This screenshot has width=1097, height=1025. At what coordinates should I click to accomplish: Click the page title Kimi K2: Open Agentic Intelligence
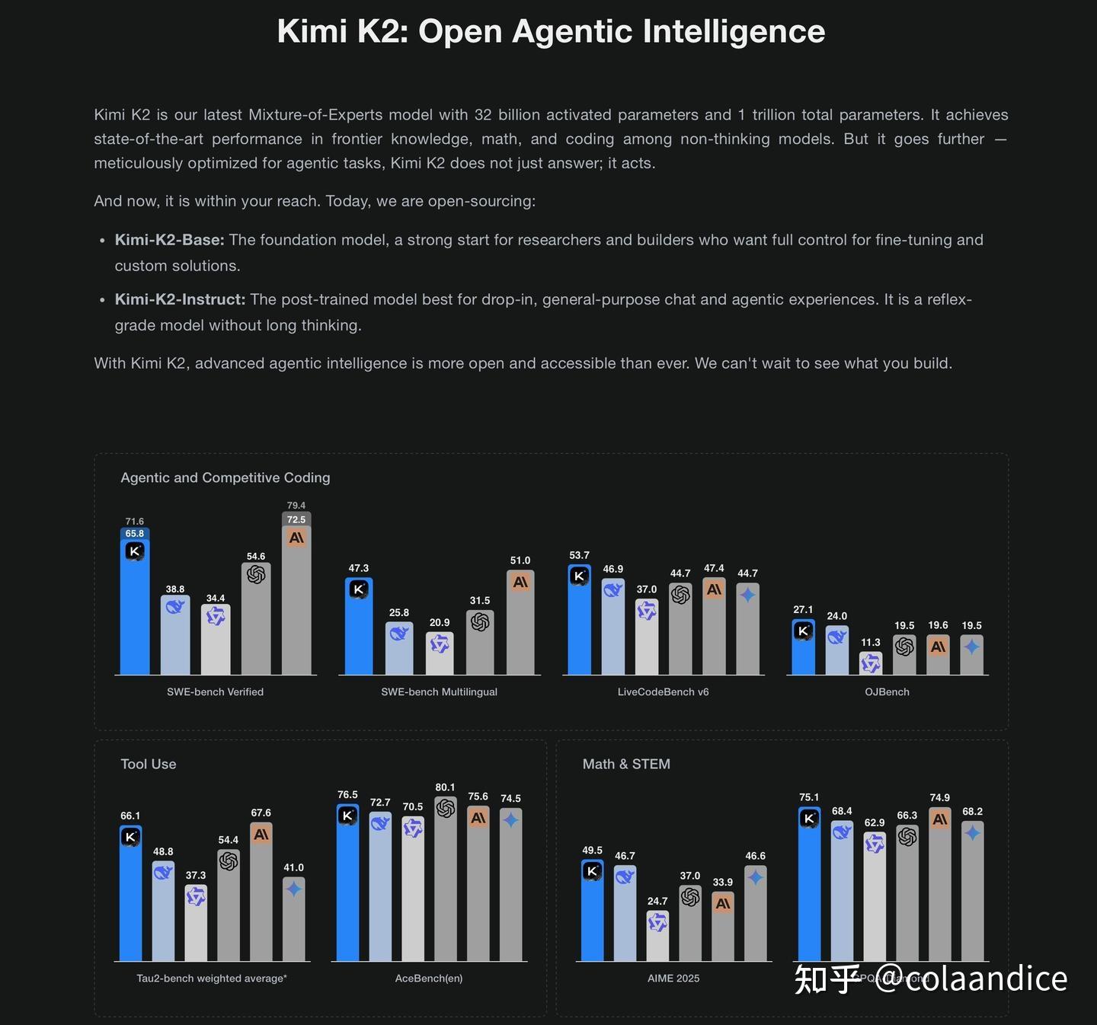(551, 32)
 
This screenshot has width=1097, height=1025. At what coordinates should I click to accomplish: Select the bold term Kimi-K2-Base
(169, 240)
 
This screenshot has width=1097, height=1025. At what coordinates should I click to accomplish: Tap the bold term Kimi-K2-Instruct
(180, 299)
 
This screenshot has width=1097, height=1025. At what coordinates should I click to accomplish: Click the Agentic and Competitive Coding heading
(225, 477)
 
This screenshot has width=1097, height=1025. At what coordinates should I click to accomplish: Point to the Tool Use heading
(149, 764)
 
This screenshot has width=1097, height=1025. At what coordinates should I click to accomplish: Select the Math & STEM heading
(626, 764)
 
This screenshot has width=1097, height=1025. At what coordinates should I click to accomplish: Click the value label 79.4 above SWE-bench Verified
(296, 506)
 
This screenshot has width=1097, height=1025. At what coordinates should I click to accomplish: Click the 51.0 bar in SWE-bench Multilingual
(520, 624)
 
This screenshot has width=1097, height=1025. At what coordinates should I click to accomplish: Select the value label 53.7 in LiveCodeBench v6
(579, 555)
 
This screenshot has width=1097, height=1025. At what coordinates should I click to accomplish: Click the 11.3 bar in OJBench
(871, 664)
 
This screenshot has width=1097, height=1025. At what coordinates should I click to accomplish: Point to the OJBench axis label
(887, 691)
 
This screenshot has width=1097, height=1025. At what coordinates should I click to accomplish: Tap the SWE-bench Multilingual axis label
(439, 691)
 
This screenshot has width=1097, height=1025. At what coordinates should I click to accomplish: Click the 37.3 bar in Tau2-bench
(196, 925)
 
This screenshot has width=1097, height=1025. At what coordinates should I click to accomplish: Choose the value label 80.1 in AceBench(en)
(445, 787)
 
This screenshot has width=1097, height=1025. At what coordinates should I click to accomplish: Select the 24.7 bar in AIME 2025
(657, 937)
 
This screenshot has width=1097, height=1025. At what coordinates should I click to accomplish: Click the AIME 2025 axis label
(673, 978)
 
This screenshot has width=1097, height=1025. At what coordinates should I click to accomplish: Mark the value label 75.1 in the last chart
(809, 797)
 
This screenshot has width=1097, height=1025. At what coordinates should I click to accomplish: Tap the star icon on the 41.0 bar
(293, 889)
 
